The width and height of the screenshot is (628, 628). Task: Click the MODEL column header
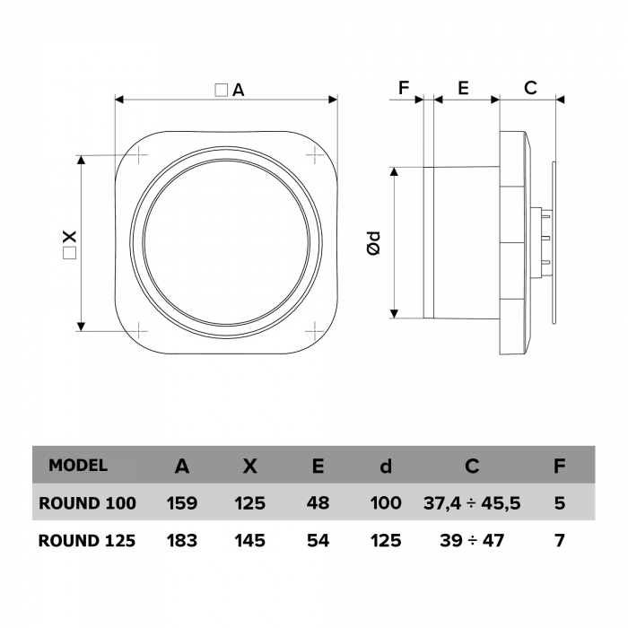point(78,465)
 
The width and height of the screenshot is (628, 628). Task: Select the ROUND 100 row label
point(87,503)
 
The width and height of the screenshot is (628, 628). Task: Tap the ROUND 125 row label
point(87,541)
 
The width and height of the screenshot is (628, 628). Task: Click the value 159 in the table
point(182,503)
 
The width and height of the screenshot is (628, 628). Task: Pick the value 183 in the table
point(182,541)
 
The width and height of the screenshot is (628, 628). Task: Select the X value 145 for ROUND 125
point(250,541)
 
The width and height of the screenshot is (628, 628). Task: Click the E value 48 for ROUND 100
point(318,503)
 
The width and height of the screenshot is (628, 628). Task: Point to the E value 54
point(318,541)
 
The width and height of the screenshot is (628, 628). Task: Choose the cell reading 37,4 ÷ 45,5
point(472,503)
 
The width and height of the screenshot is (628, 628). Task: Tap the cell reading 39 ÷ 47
point(472,541)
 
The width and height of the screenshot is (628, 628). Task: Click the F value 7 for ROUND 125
point(560,541)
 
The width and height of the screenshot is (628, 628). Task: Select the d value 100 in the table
point(386,503)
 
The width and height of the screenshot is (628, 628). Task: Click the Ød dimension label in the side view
point(374,243)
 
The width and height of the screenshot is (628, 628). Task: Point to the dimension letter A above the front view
point(238,90)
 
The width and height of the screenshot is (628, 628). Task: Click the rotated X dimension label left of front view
point(69,244)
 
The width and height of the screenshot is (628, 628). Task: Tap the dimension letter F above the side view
point(404,88)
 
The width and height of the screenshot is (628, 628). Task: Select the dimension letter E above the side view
point(463,88)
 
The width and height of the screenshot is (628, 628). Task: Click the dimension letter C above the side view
point(530,88)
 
